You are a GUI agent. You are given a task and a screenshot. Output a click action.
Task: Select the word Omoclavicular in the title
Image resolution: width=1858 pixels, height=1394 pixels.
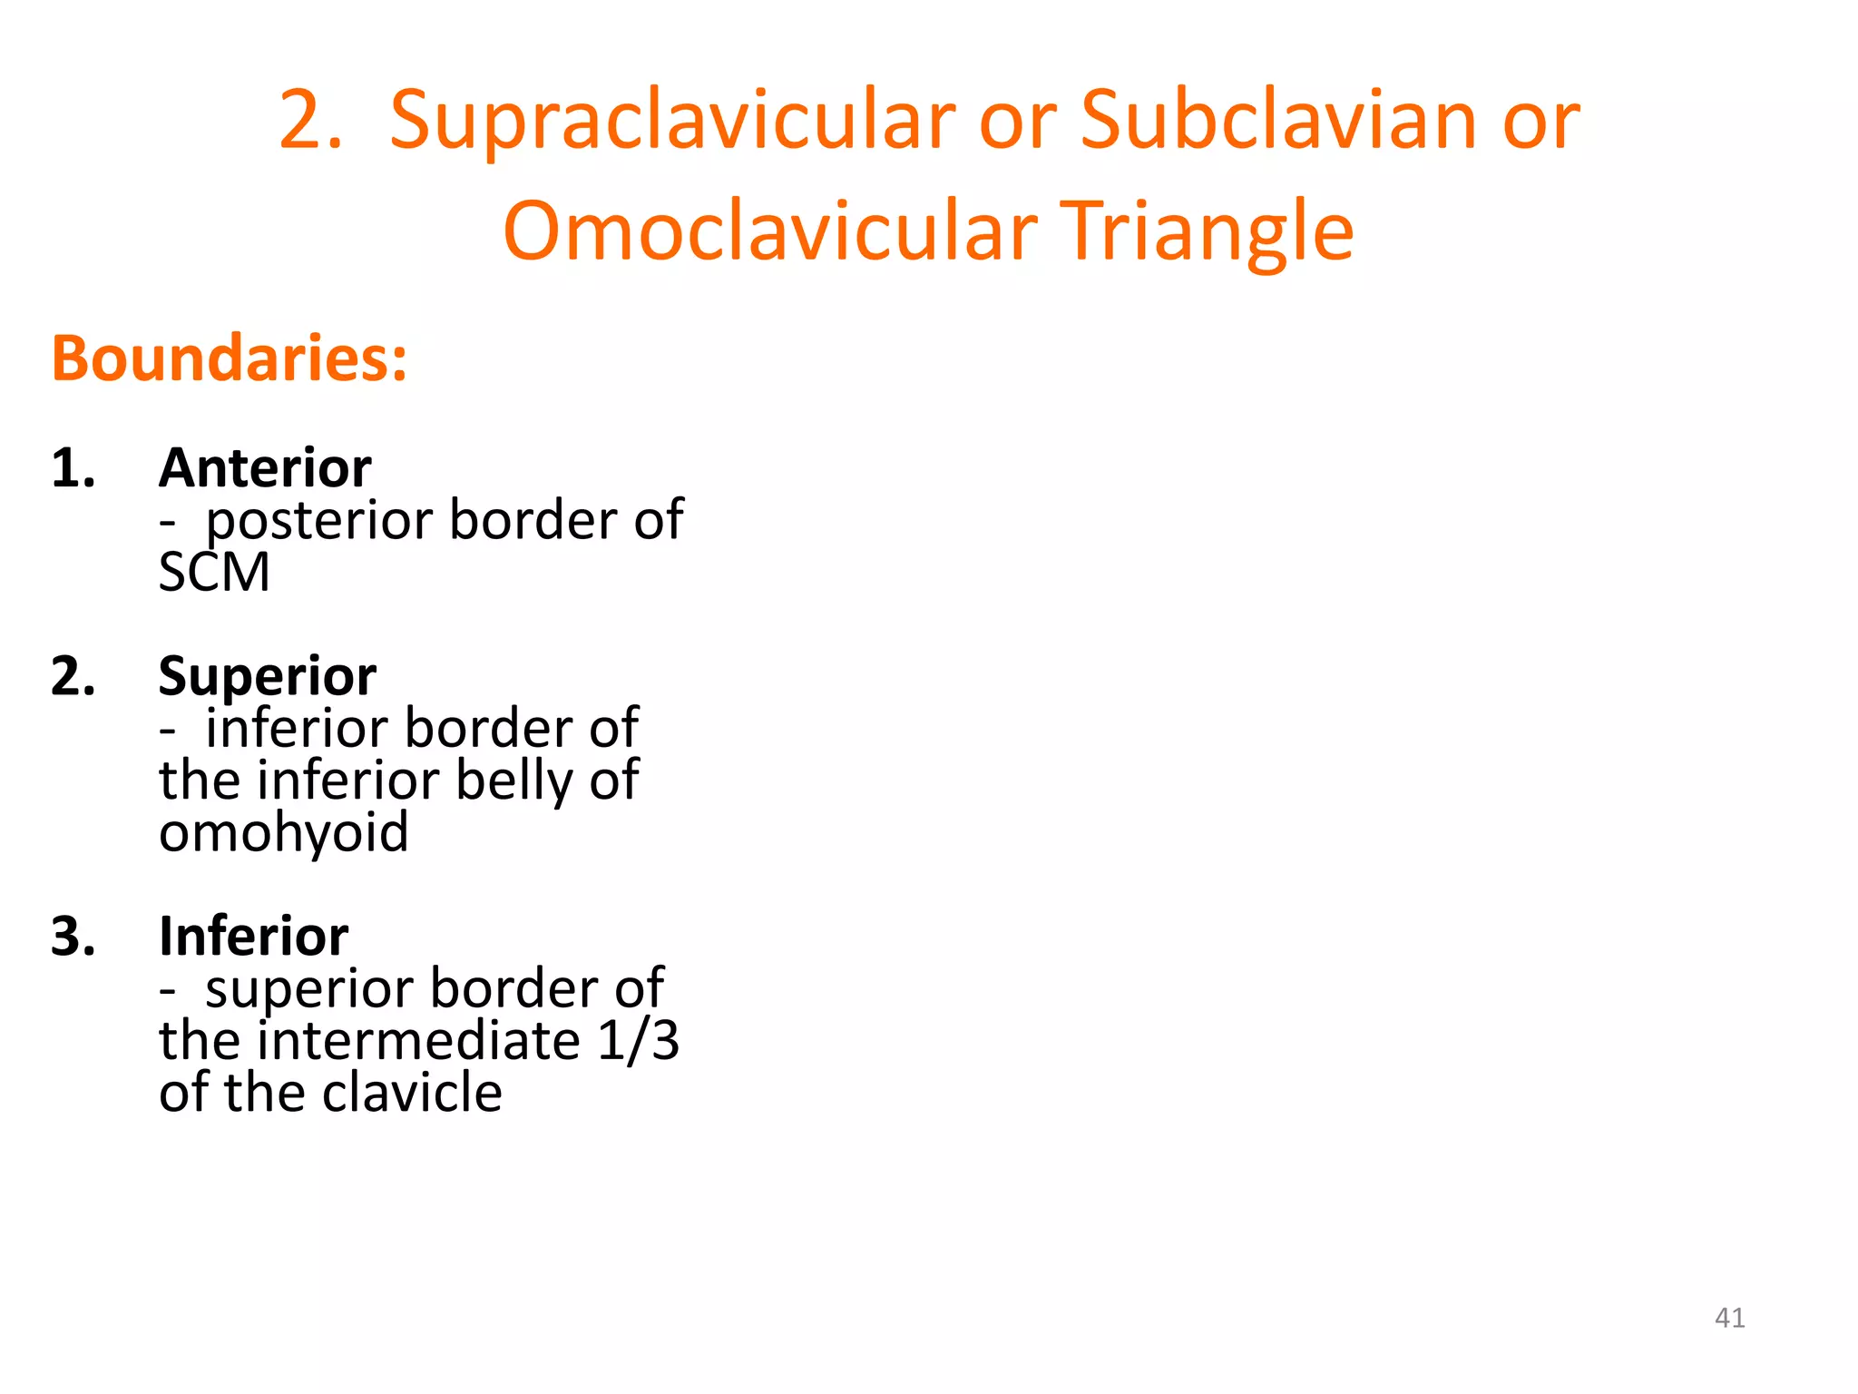769,231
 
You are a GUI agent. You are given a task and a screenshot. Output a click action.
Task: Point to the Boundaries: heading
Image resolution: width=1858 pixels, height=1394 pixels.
230,358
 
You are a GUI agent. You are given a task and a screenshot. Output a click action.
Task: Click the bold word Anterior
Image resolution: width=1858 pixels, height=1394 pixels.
265,468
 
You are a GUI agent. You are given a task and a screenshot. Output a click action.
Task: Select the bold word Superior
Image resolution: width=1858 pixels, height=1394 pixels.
268,676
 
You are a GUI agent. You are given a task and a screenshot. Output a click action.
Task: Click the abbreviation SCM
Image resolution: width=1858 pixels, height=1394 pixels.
214,573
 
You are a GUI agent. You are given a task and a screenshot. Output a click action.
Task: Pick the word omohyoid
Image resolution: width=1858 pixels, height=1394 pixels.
284,832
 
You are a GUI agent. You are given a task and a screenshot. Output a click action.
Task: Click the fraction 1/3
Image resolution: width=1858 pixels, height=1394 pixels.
639,1040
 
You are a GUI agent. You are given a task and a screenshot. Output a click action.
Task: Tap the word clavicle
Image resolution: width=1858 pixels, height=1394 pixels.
412,1092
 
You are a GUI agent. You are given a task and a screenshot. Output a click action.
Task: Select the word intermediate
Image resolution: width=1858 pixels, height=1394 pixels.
419,1040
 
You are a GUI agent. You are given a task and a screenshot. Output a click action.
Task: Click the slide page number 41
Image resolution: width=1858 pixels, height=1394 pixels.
1729,1318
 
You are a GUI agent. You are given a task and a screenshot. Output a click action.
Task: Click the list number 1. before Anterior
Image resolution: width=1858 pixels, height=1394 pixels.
73,468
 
